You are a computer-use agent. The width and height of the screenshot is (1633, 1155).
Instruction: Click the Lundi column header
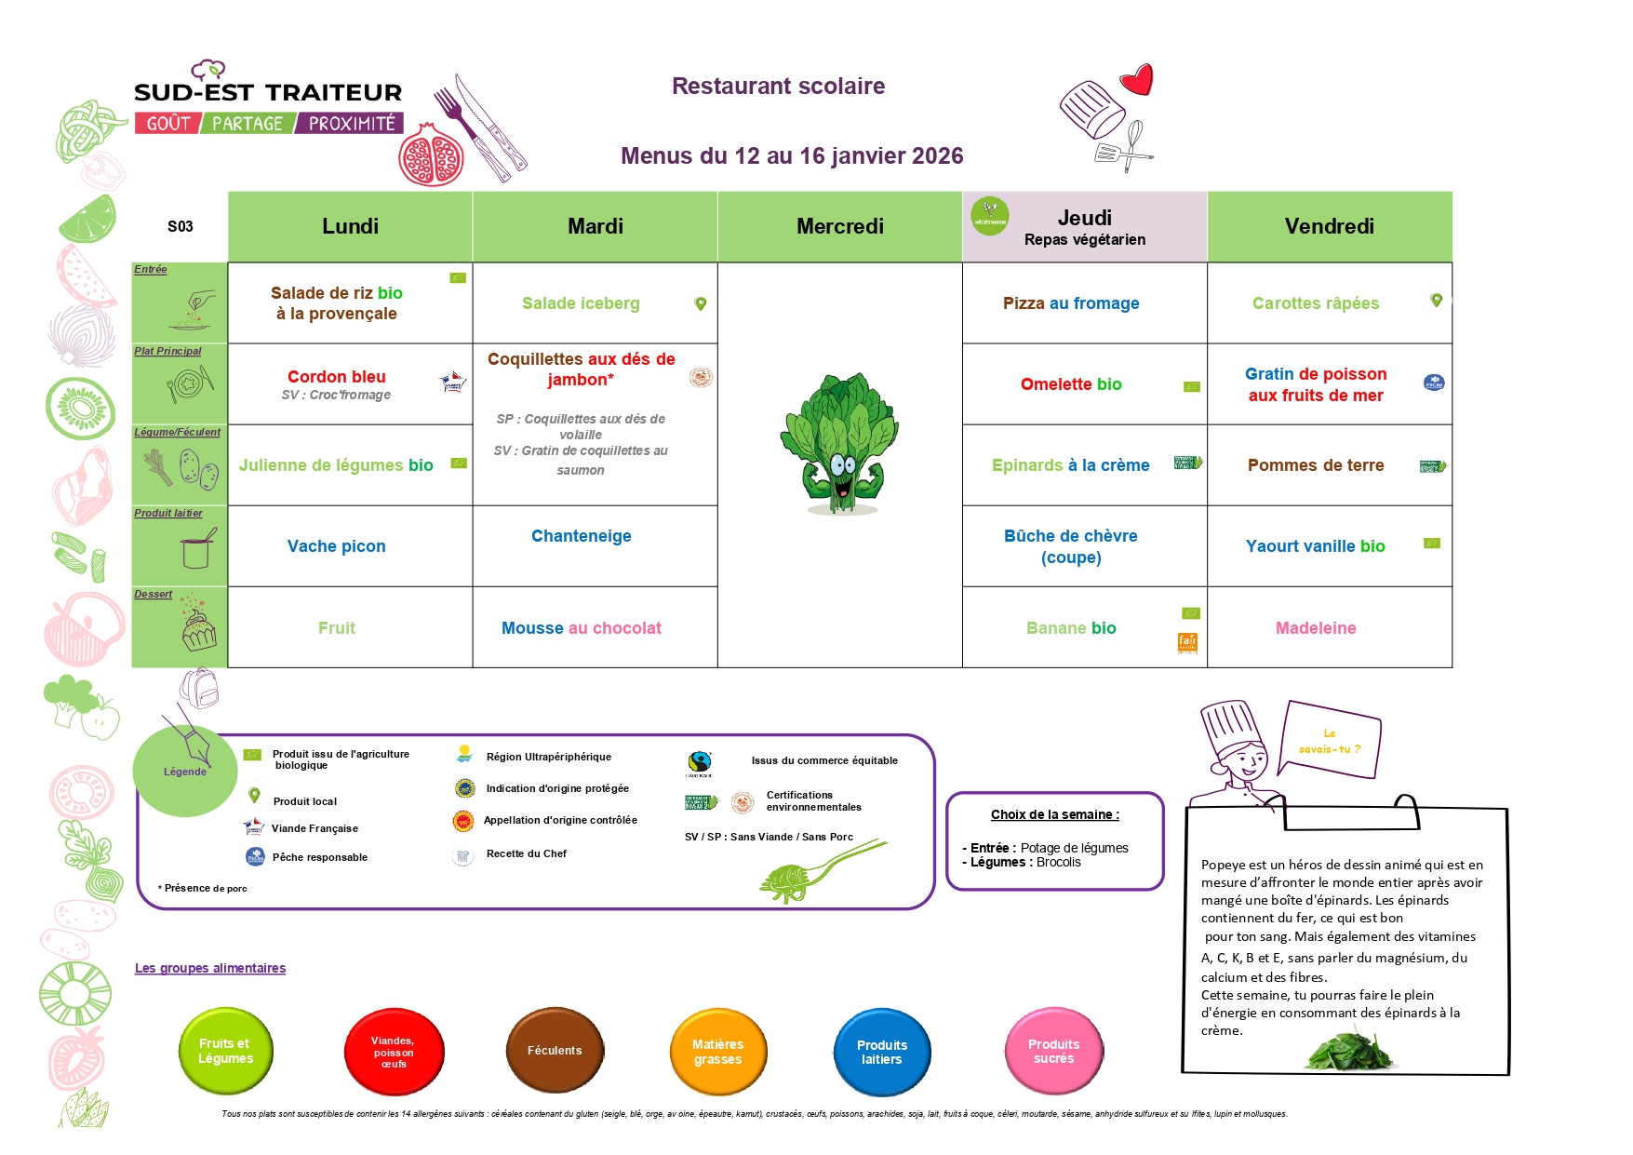click(x=350, y=226)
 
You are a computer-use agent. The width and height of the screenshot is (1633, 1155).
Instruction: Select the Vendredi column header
click(x=1329, y=226)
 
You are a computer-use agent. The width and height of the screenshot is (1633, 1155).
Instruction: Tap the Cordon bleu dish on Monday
click(x=336, y=377)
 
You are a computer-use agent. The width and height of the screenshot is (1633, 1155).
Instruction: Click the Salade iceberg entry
click(x=581, y=303)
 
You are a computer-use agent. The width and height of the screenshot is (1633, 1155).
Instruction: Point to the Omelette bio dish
click(x=1071, y=384)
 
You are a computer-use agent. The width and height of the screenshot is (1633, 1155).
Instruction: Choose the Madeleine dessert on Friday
click(x=1316, y=628)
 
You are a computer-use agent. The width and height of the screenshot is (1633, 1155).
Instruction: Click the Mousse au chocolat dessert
click(x=581, y=628)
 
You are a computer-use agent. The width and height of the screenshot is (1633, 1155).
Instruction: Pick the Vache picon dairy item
click(x=336, y=546)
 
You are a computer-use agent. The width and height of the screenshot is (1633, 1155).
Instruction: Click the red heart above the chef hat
click(x=1137, y=80)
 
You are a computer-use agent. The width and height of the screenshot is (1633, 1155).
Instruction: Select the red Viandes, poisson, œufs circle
click(x=394, y=1052)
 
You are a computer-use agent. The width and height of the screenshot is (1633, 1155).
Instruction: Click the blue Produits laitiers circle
click(x=881, y=1052)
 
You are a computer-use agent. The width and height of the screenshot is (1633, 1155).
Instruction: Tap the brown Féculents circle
click(x=555, y=1051)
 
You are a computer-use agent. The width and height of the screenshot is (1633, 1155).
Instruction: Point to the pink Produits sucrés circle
click(x=1053, y=1052)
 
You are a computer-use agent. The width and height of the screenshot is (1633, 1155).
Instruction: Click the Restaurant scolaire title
click(x=778, y=87)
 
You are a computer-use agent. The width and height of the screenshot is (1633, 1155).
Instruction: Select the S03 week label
click(x=181, y=226)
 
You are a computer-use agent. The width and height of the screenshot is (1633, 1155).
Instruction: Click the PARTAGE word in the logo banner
click(x=247, y=124)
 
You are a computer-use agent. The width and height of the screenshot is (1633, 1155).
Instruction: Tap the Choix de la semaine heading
click(x=1054, y=814)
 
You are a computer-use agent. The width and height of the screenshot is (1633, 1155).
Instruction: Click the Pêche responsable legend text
click(x=319, y=857)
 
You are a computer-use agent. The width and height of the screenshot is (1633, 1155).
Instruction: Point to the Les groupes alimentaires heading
click(x=210, y=968)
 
